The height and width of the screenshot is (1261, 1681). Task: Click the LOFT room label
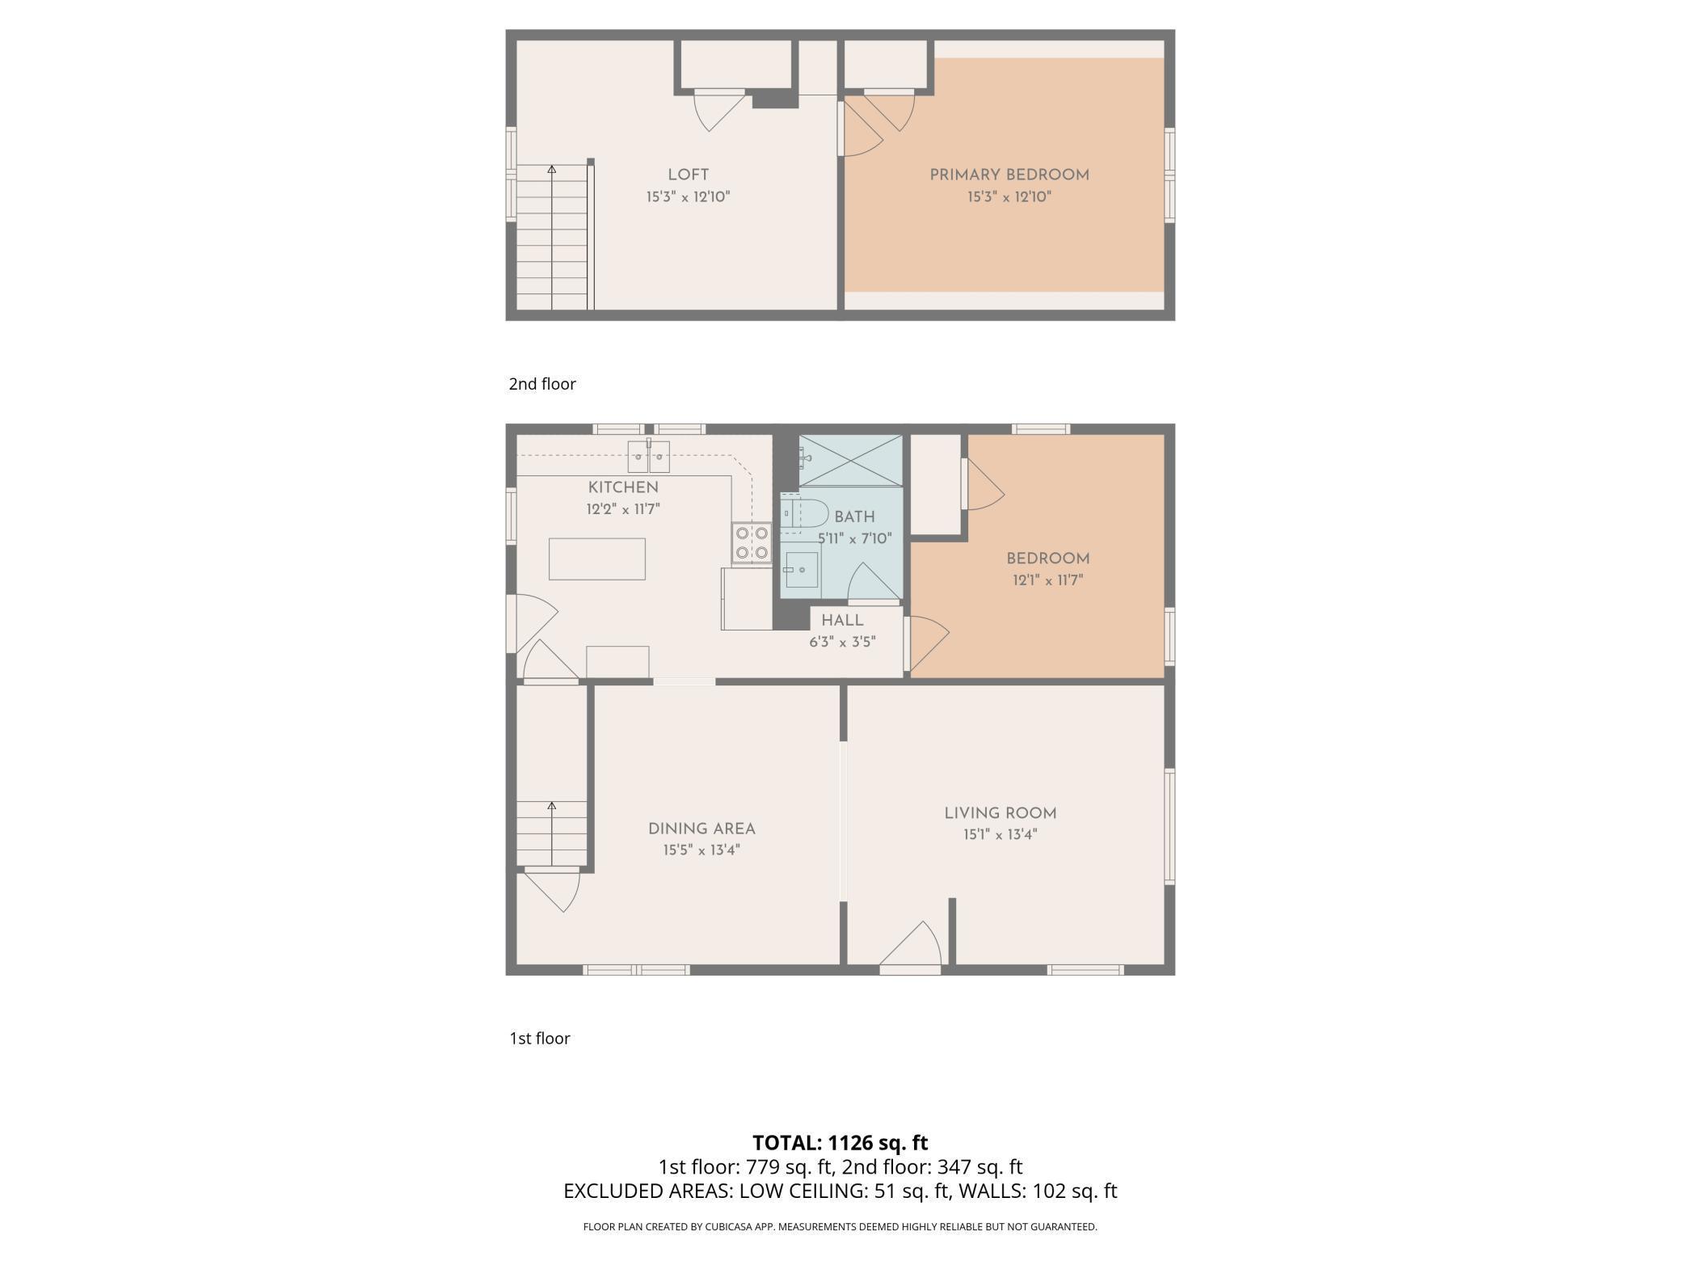click(688, 175)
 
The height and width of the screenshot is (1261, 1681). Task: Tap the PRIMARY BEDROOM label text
click(1009, 175)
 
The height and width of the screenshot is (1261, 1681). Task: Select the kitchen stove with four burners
click(751, 543)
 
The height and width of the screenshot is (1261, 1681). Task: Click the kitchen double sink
click(649, 458)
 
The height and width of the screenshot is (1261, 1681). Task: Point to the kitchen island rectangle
click(596, 559)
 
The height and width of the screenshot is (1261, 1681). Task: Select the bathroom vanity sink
click(801, 569)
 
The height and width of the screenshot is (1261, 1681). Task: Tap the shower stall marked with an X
click(850, 461)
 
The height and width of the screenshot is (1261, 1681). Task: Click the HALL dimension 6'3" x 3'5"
click(842, 643)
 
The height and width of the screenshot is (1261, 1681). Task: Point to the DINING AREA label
click(701, 829)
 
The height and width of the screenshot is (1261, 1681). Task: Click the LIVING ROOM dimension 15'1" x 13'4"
click(1000, 835)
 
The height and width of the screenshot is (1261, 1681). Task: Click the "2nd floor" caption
click(541, 384)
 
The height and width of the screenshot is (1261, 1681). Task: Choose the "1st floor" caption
click(539, 1039)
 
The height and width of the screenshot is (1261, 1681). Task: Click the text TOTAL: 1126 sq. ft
click(840, 1143)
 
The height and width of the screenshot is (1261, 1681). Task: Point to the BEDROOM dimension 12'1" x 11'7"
click(1047, 580)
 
